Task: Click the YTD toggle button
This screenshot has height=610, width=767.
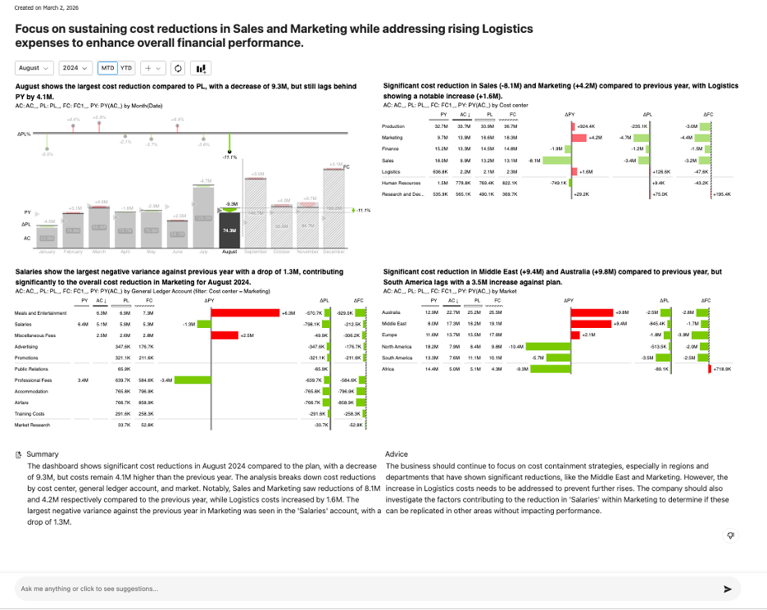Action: point(126,68)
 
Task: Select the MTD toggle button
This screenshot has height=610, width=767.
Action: point(107,68)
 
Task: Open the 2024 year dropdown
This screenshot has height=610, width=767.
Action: point(76,68)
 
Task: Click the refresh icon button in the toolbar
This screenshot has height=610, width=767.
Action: point(179,68)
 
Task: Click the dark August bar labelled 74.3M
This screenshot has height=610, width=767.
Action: point(229,231)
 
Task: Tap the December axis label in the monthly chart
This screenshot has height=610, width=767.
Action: point(334,252)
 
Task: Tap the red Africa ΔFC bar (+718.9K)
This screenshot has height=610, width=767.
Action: point(709,370)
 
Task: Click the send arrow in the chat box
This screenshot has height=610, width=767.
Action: point(727,589)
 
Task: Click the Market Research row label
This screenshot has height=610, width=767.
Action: point(32,425)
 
